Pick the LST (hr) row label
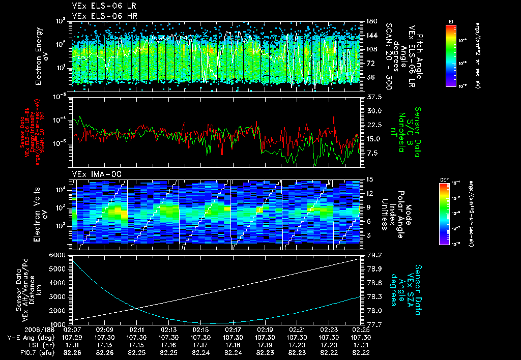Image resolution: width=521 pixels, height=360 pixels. point(20,344)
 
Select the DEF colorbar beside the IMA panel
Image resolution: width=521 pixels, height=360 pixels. point(446,214)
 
